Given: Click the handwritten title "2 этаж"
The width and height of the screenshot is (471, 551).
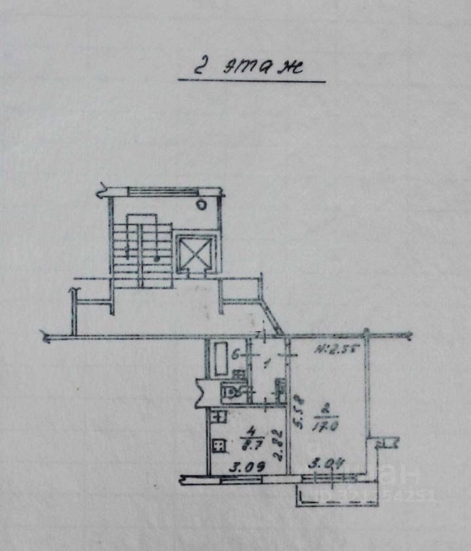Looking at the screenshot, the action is tap(250, 67).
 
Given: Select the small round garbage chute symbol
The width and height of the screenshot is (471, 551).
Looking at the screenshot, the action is tap(202, 205).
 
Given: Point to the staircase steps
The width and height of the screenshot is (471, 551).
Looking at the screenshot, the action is tap(141, 249).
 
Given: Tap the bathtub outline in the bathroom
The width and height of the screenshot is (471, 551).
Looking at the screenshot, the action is tap(219, 358).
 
